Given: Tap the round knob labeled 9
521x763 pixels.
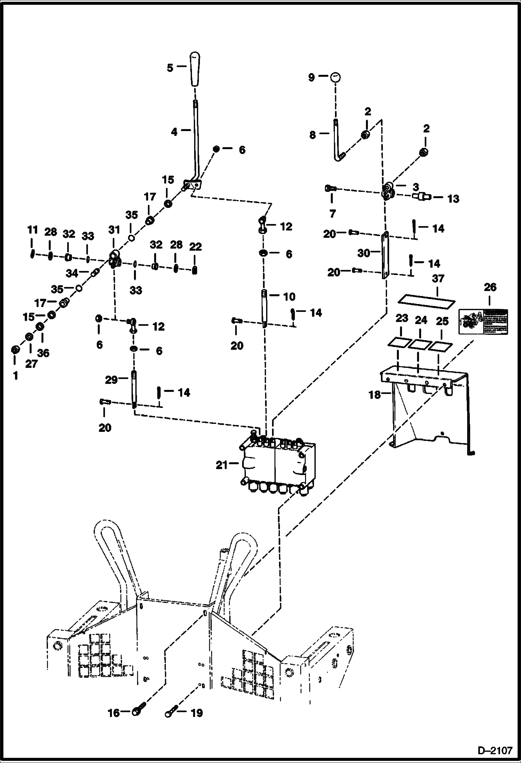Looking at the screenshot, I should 335,77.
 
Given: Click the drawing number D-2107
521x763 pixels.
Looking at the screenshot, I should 495,750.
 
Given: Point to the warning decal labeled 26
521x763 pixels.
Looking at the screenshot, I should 483,321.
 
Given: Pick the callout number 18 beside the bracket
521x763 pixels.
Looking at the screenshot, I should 375,395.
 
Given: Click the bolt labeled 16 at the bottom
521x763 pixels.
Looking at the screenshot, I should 137,712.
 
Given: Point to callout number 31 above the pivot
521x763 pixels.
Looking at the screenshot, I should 114,230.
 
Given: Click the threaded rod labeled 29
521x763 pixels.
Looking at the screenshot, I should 134,388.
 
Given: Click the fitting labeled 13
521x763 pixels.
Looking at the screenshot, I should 422,197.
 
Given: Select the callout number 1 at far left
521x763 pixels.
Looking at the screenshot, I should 15,376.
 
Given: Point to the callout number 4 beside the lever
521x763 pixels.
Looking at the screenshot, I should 174,132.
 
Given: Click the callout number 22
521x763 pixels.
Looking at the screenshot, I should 195,247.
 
